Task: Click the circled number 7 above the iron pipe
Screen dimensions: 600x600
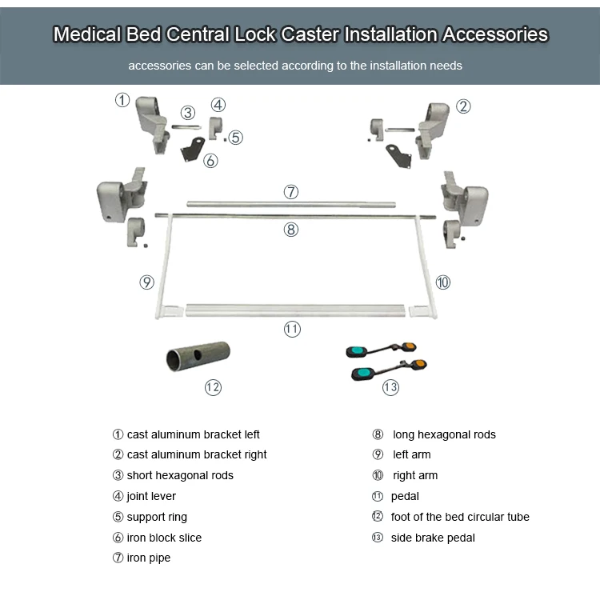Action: point(291,192)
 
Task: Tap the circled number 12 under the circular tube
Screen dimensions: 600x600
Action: point(213,387)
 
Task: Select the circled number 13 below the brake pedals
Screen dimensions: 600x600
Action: point(390,387)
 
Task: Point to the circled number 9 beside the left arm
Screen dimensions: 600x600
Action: point(146,282)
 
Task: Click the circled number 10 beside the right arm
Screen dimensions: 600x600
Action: point(442,282)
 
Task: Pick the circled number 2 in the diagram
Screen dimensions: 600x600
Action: point(463,106)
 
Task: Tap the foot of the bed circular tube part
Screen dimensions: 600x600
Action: point(198,356)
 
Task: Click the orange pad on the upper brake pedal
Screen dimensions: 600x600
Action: point(409,346)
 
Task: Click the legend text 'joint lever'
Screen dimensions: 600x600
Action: point(151,496)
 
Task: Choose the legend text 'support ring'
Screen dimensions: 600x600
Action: point(157,517)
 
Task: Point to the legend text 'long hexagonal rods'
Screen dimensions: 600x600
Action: point(444,434)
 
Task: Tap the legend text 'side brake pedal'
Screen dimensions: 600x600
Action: point(433,538)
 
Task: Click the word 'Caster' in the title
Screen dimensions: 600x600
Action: point(310,34)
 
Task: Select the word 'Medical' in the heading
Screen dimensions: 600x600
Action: point(87,34)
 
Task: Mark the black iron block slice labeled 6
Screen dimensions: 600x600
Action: point(192,150)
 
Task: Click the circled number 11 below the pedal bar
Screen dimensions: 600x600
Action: point(292,329)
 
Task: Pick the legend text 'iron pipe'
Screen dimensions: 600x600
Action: point(149,558)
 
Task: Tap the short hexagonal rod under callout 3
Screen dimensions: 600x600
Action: point(186,126)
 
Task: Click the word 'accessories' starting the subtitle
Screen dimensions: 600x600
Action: point(159,66)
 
